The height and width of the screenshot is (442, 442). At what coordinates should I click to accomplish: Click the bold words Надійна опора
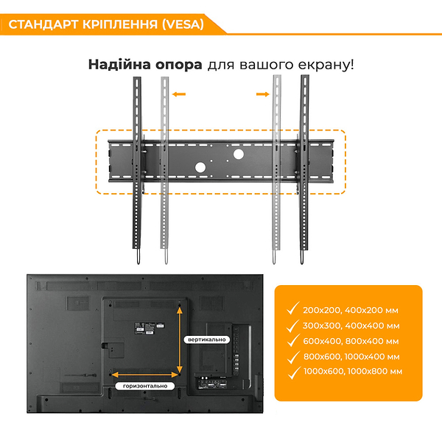[145, 64]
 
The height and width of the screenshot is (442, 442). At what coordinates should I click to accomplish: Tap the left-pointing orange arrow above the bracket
[178, 94]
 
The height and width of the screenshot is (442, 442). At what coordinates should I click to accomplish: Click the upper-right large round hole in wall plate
[238, 155]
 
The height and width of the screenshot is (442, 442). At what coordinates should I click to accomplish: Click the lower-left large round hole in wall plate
[200, 168]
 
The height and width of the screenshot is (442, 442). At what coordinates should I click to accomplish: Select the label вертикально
[206, 339]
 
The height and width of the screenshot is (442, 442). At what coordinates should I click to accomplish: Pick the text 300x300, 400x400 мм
[351, 325]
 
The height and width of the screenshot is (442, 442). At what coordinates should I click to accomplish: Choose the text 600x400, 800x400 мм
[351, 341]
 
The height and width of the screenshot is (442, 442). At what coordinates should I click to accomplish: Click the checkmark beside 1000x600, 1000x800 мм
[293, 372]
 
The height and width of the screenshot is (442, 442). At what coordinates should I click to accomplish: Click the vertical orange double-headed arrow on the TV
[180, 339]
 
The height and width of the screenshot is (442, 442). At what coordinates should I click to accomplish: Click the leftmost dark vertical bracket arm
[137, 169]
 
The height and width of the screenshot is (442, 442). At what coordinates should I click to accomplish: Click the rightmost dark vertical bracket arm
[304, 169]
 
